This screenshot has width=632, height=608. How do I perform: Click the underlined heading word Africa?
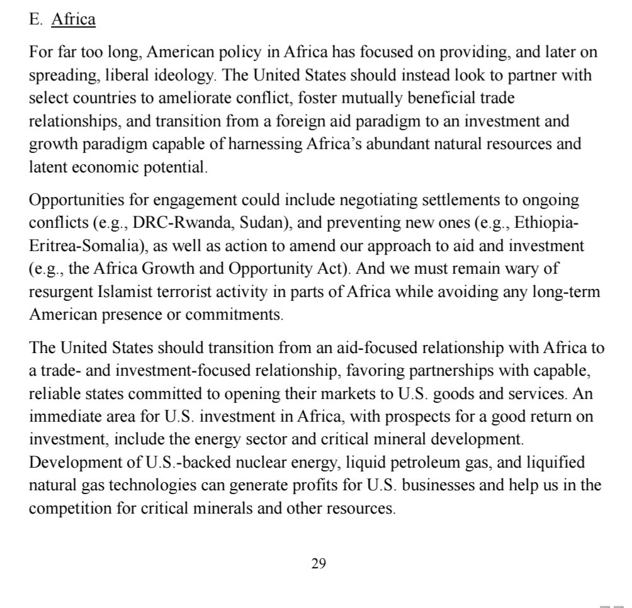click(x=74, y=20)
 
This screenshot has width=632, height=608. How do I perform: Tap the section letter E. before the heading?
click(x=36, y=20)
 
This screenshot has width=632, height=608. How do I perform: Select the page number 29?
click(x=318, y=563)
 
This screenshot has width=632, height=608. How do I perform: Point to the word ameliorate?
click(x=232, y=98)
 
